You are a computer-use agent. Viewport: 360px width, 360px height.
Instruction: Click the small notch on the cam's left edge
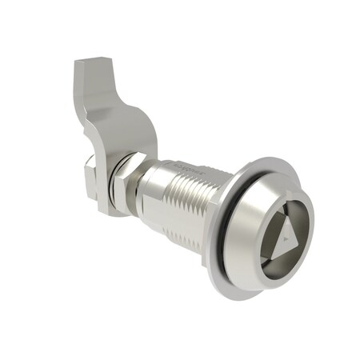point(90,120)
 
